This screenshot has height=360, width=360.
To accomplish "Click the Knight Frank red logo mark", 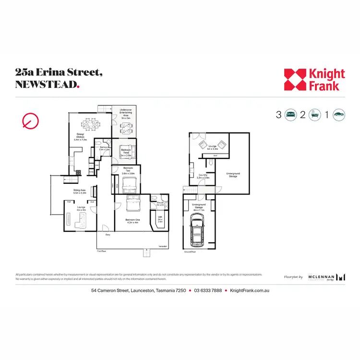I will [x=295, y=80].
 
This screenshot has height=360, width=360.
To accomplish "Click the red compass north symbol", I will [x=30, y=121].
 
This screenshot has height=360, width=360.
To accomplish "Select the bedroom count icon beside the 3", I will [x=290, y=115].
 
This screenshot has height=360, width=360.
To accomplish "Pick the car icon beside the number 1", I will [x=339, y=115].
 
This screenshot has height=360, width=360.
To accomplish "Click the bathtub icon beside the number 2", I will [x=315, y=115].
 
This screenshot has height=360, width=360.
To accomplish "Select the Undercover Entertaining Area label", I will [x=126, y=113].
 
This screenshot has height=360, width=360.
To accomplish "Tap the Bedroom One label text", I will [x=132, y=220].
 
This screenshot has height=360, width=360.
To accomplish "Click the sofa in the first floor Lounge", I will [x=80, y=221].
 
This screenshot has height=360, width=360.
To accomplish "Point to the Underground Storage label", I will [x=233, y=175].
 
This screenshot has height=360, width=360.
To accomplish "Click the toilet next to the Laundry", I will [x=211, y=164].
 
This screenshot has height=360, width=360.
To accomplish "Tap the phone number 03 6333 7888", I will [x=208, y=291].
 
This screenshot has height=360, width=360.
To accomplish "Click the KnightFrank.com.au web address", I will [x=249, y=291].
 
